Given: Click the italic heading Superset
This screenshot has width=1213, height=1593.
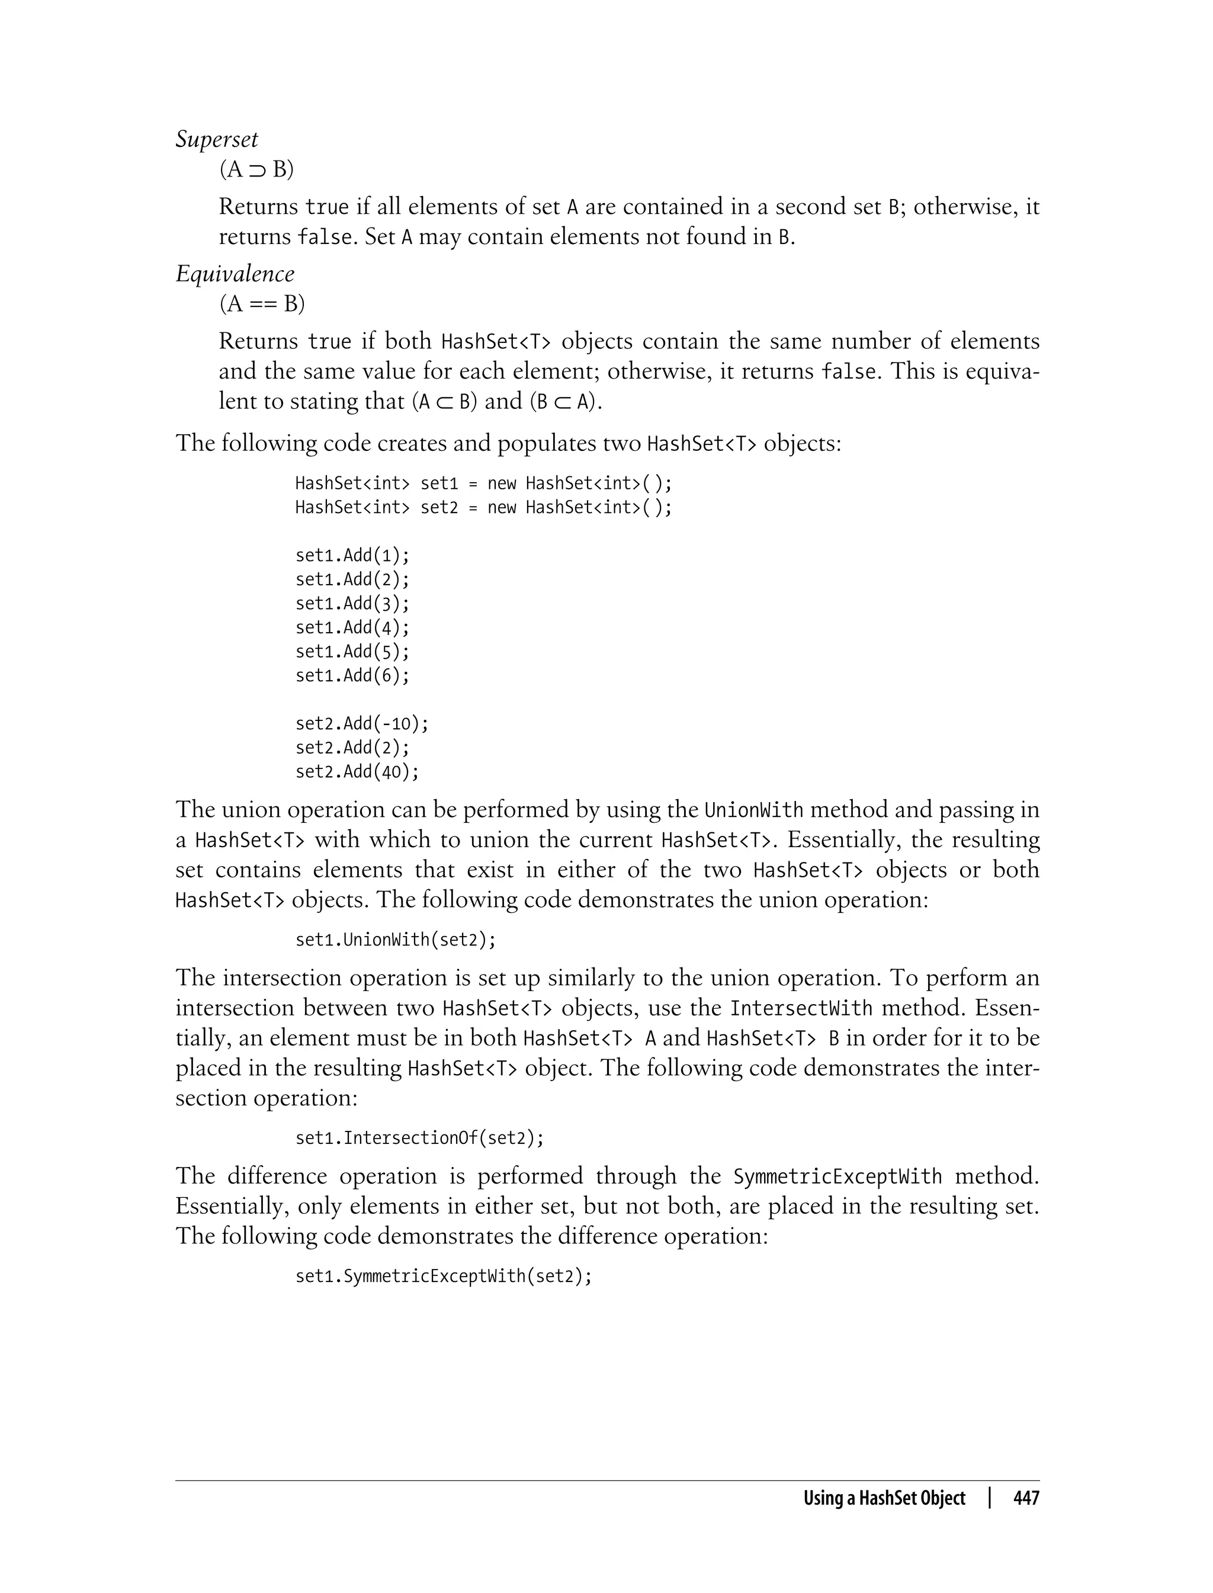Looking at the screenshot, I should click(217, 139).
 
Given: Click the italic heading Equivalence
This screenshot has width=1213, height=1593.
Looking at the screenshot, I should click(235, 274).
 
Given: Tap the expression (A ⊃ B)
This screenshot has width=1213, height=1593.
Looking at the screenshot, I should click(256, 169).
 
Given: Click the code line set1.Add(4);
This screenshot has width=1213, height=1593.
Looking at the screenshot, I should click(352, 627).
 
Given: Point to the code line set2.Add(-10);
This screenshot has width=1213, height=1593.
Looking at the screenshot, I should click(362, 723).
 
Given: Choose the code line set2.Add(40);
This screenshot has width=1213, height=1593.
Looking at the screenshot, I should click(357, 772).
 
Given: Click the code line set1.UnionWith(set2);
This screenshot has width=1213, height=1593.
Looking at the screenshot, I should click(396, 940).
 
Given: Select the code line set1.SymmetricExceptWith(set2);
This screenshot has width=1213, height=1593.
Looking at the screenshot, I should click(443, 1277).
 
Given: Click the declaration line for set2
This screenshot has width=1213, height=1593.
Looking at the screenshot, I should click(483, 507).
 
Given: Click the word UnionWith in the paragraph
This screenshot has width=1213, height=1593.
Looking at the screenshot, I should click(753, 809).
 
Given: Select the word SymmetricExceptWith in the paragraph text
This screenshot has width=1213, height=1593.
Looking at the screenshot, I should click(837, 1177).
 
